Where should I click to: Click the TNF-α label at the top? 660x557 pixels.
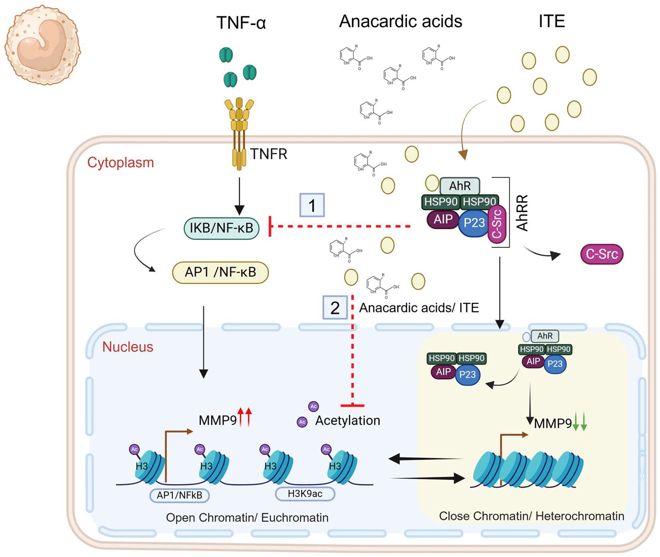tap(241, 23)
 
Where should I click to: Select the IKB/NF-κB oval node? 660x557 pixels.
tap(221, 228)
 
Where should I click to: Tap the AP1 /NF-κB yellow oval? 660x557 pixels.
tap(220, 272)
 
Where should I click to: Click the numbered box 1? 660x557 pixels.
tap(312, 205)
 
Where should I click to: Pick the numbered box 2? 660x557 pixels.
tap(335, 307)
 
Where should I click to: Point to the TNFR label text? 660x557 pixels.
tap(269, 154)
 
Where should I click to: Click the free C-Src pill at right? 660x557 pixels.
tap(602, 254)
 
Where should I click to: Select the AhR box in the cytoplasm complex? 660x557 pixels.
tap(459, 186)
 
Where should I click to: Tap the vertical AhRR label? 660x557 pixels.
tap(522, 213)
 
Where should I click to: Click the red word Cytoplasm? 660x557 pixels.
tap(121, 163)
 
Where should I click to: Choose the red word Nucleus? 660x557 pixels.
tap(128, 347)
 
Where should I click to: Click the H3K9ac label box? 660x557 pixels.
tap(305, 494)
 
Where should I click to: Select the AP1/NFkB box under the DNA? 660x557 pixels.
tap(179, 495)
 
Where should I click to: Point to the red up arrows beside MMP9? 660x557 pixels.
tap(245, 417)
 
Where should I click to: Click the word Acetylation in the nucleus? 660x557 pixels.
tap(348, 421)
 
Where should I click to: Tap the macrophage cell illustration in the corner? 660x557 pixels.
tap(43, 45)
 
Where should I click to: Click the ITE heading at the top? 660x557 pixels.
tap(552, 21)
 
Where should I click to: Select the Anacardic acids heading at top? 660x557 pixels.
tap(400, 21)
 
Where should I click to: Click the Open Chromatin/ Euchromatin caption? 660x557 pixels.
tap(247, 517)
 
